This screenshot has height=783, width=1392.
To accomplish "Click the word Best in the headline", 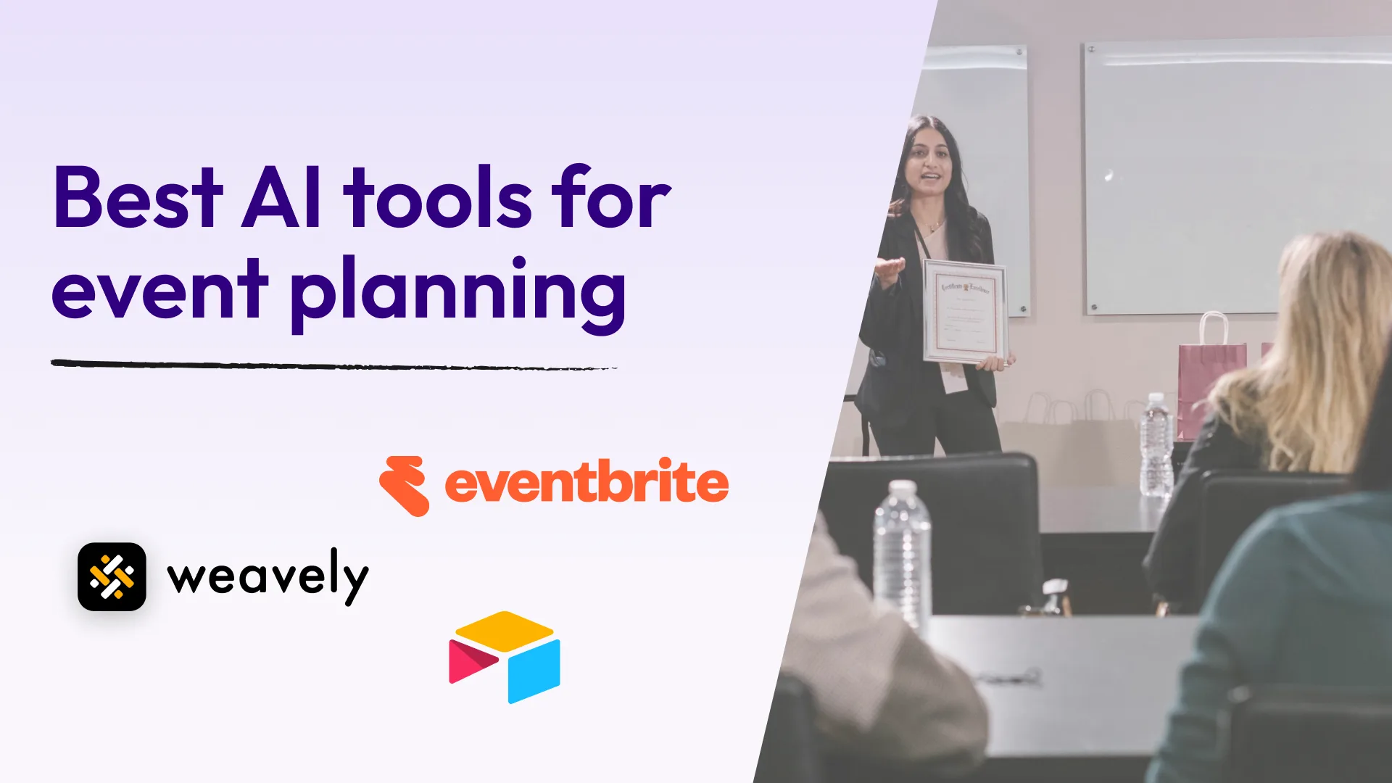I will [x=138, y=197].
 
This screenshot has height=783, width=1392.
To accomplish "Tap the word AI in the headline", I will [x=281, y=197].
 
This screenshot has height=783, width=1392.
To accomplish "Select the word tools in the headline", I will [x=438, y=197].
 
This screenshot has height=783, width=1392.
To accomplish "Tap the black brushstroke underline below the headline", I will [x=333, y=365].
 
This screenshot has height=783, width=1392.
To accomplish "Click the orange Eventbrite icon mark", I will [x=405, y=485].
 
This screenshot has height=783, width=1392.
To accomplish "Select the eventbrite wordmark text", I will [x=586, y=484].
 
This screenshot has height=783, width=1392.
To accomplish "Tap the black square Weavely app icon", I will [x=112, y=576].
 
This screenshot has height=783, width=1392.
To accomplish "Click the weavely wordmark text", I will [x=268, y=576].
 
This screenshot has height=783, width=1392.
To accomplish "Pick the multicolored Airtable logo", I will [x=505, y=657].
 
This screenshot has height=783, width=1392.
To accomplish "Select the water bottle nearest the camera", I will [x=902, y=551].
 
